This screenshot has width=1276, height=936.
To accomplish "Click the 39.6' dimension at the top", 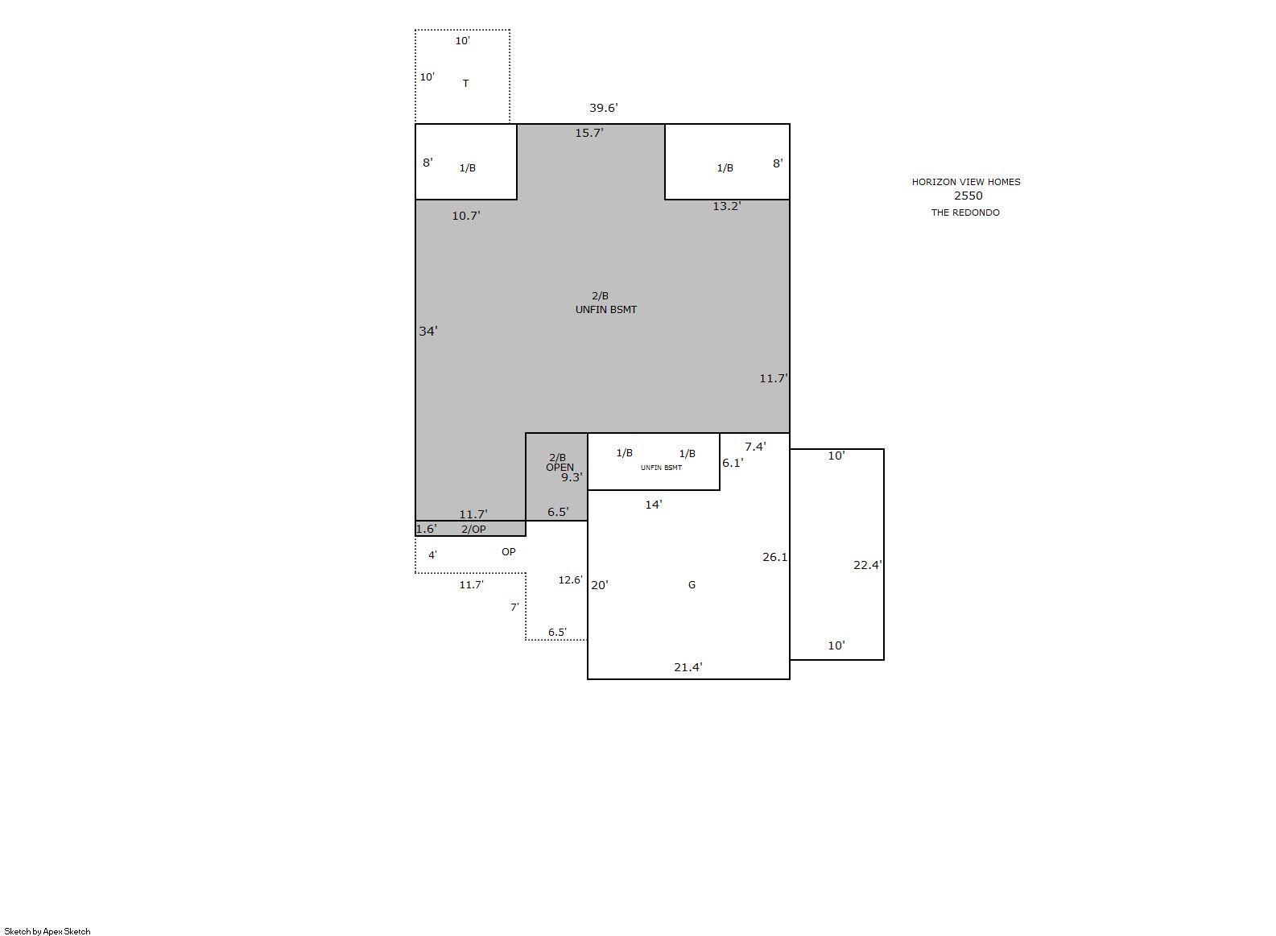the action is [x=603, y=108].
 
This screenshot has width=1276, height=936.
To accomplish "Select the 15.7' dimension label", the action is [x=589, y=133].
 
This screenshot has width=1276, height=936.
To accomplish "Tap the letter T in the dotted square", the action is [x=465, y=83].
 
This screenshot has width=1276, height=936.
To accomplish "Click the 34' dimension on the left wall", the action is [x=428, y=331].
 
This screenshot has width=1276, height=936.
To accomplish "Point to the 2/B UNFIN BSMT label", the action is [x=605, y=303].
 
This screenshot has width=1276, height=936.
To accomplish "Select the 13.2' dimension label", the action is [x=727, y=205].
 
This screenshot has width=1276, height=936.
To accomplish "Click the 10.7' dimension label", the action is [x=466, y=215].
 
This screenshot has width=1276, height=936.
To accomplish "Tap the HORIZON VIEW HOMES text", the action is [x=966, y=182].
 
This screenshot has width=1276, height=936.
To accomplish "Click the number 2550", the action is [x=968, y=196].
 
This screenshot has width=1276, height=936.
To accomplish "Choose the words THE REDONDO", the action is [x=965, y=212].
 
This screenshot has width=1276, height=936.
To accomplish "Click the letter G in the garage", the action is [x=692, y=585].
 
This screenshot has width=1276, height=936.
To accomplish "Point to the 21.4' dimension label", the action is [x=688, y=666].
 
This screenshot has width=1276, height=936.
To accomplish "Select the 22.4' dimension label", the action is [x=868, y=565].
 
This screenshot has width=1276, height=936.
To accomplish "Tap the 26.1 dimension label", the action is [x=774, y=557].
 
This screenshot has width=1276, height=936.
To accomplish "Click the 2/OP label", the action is [x=473, y=529].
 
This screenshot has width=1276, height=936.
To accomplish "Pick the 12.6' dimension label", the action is [x=570, y=579].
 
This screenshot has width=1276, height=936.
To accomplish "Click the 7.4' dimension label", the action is [x=755, y=447].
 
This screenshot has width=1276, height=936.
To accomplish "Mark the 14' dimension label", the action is [x=654, y=505].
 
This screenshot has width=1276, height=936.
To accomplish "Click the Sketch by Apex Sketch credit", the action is [x=47, y=931].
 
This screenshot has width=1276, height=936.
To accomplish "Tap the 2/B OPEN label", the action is [x=560, y=462].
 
